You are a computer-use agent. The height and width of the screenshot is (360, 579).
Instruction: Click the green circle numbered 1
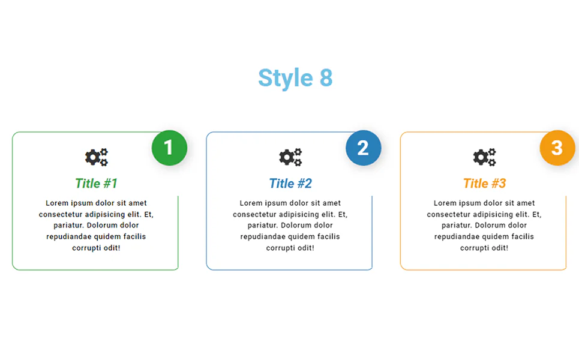click(x=169, y=148)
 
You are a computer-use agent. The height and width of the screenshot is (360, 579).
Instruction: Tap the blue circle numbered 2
click(x=364, y=148)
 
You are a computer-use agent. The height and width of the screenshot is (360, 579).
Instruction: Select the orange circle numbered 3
click(x=557, y=148)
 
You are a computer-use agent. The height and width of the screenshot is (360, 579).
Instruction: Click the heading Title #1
click(x=96, y=184)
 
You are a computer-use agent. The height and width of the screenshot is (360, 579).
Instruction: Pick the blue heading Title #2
click(x=290, y=184)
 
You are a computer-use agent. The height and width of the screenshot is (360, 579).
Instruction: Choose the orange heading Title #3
click(x=484, y=184)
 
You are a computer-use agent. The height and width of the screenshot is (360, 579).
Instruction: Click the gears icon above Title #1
click(x=97, y=157)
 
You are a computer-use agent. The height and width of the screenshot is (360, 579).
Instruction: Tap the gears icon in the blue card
click(x=290, y=157)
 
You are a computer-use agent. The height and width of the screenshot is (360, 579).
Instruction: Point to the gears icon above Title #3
click(x=484, y=157)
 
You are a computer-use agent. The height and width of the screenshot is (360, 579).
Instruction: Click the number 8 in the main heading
click(x=326, y=78)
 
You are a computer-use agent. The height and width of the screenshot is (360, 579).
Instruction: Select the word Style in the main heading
click(x=286, y=78)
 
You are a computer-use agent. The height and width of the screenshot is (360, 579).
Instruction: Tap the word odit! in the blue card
click(x=306, y=248)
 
